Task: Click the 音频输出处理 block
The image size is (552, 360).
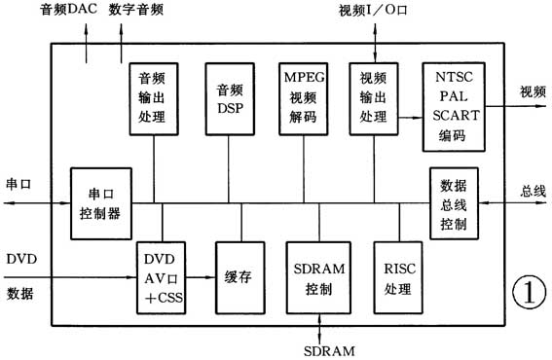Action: [x=154, y=97]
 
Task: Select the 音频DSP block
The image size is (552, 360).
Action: [x=229, y=97]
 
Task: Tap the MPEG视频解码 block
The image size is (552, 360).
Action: [x=303, y=97]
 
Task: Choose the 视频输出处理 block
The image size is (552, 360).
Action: [x=376, y=97]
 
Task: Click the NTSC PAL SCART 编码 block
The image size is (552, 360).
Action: [x=453, y=105]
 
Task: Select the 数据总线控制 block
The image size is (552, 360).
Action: [x=453, y=203]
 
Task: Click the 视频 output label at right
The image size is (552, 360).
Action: [x=533, y=91]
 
